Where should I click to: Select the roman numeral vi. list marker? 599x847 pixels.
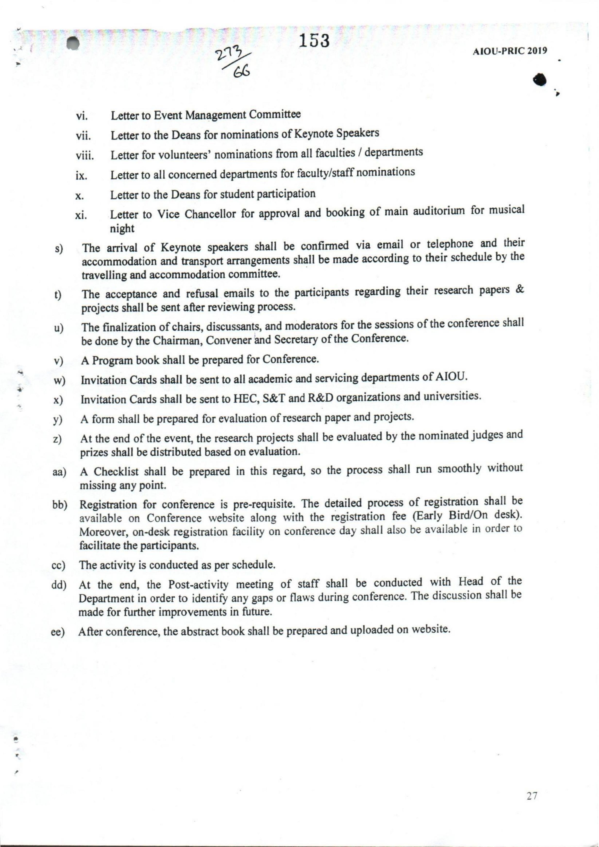(x=81, y=117)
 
